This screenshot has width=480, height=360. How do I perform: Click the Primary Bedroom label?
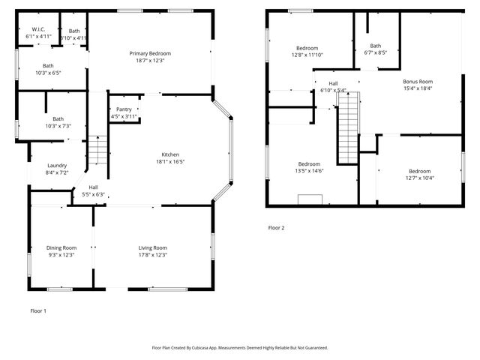pyautogui.click(x=150, y=53)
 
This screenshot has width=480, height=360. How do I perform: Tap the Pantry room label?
pyautogui.click(x=124, y=109)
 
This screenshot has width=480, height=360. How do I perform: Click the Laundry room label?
pyautogui.click(x=57, y=166)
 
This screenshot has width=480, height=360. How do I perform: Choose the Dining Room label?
pyautogui.click(x=61, y=247)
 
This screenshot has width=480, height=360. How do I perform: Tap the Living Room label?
pyautogui.click(x=153, y=247)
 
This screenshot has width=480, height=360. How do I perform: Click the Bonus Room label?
pyautogui.click(x=418, y=81)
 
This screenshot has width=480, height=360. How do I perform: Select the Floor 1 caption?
pyautogui.click(x=37, y=310)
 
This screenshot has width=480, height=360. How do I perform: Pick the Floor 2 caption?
pyautogui.click(x=277, y=227)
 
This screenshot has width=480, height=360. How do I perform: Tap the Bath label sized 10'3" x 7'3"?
pyautogui.click(x=58, y=118)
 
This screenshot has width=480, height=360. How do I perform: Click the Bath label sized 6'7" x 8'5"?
pyautogui.click(x=375, y=46)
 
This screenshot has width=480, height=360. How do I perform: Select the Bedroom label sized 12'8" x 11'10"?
pyautogui.click(x=307, y=48)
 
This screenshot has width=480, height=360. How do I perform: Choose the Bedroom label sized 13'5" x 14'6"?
pyautogui.click(x=309, y=164)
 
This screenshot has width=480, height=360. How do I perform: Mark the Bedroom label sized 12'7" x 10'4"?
pyautogui.click(x=420, y=171)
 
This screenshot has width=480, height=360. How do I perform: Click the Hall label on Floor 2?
pyautogui.click(x=333, y=83)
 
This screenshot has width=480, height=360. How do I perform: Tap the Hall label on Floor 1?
pyautogui.click(x=93, y=187)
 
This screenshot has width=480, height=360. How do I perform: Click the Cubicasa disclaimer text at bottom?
pyautogui.click(x=240, y=347)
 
